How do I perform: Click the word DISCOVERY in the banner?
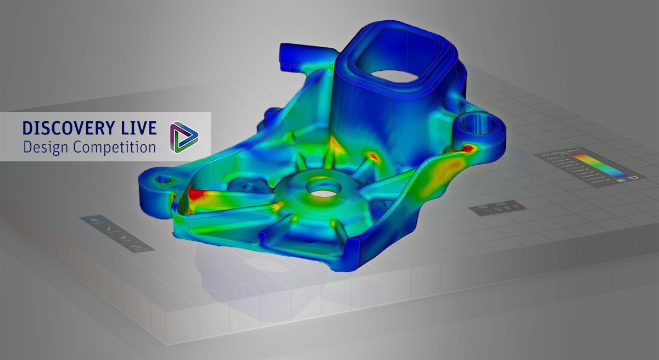tap(67, 128)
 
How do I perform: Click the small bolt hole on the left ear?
tap(162, 179)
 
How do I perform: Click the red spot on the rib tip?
tap(373, 157)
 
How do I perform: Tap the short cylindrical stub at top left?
tap(287, 55)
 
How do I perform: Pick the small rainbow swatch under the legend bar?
tap(621, 178)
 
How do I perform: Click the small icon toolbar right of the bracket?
tap(497, 209)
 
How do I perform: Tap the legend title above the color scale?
tap(560, 155)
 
